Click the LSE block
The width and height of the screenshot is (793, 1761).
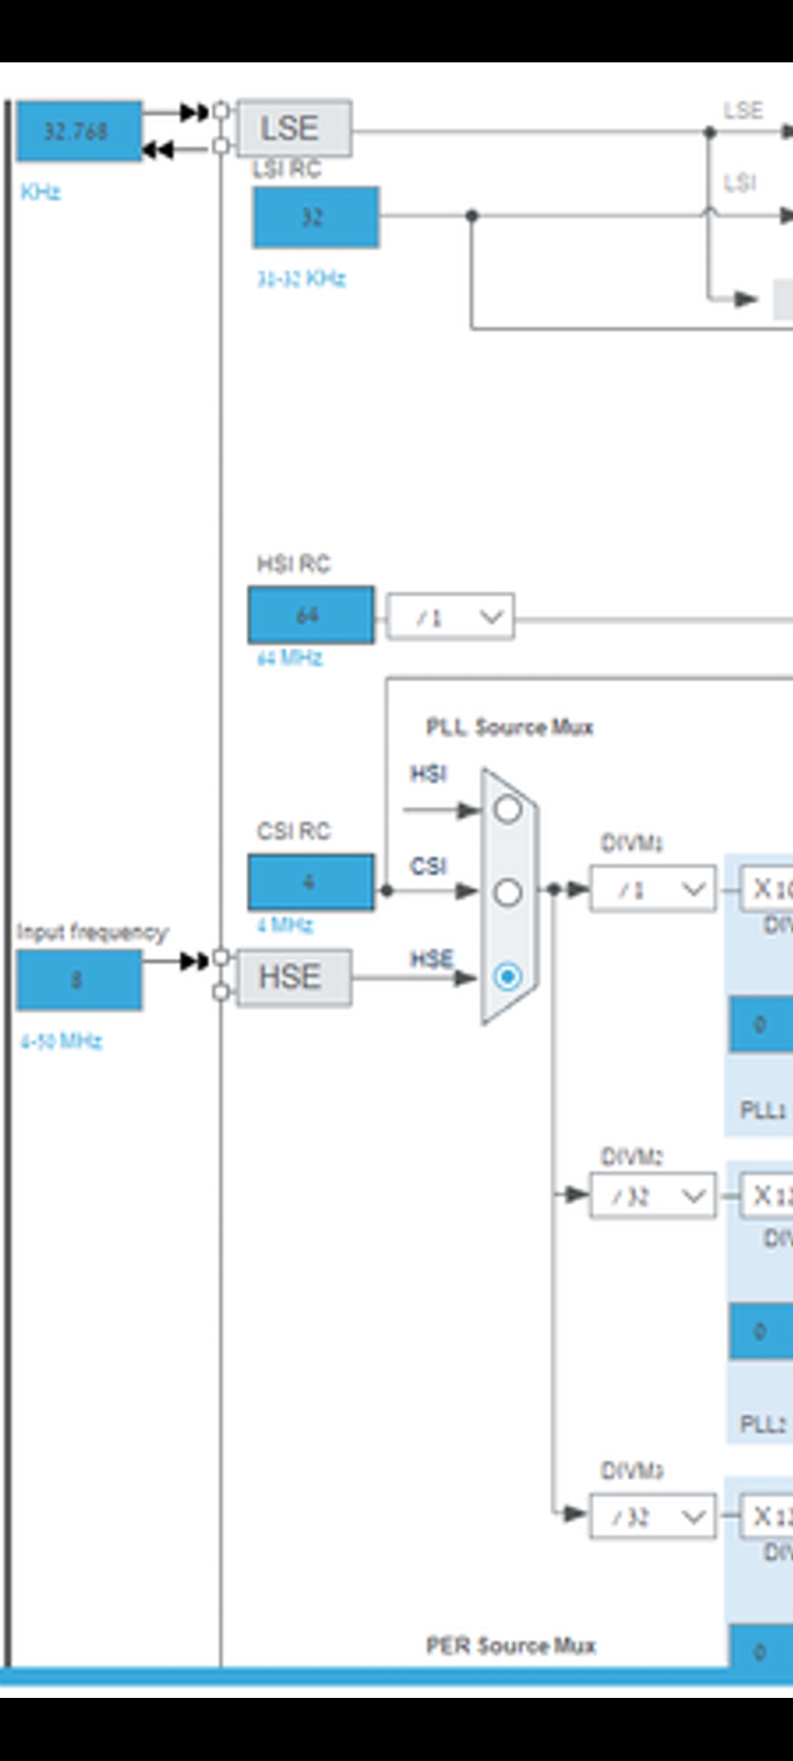[x=294, y=129]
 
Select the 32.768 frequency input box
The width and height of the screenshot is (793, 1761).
[x=79, y=131]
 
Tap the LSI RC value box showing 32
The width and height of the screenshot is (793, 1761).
[x=316, y=217]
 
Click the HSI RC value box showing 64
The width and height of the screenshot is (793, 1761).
[x=311, y=615]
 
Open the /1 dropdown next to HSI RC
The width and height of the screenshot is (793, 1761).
[x=450, y=618]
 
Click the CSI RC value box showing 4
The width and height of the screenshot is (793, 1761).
[x=311, y=882]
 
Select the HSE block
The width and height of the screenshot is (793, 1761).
[x=294, y=977]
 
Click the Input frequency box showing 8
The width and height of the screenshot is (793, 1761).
[x=79, y=980]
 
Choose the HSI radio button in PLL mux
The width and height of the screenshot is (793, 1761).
[x=508, y=809]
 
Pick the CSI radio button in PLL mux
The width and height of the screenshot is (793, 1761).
[x=508, y=892]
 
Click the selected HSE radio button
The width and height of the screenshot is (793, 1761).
[x=508, y=977]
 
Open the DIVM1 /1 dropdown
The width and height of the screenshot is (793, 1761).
[x=652, y=890]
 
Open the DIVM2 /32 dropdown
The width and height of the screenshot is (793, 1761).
[x=652, y=1197]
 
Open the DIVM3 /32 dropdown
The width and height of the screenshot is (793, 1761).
[x=652, y=1516]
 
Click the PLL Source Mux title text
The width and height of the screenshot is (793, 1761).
[x=509, y=727]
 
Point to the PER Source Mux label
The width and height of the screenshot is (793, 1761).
[x=510, y=1645]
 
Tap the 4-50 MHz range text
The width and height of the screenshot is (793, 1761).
[x=61, y=1040]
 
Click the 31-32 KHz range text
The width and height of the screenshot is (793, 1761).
[x=301, y=279]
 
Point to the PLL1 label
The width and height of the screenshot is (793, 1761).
[x=763, y=1109]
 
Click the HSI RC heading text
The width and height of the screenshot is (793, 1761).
[x=294, y=564]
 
